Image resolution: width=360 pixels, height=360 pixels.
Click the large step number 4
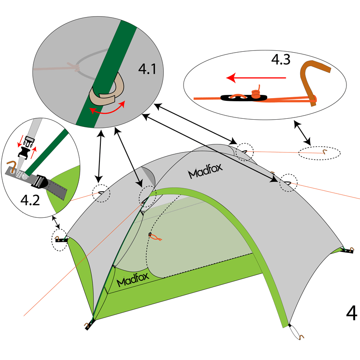pos(351,313)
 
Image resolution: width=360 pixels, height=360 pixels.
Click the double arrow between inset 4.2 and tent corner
pos(56,222)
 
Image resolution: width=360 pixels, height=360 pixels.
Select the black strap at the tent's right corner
pos(348,250)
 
